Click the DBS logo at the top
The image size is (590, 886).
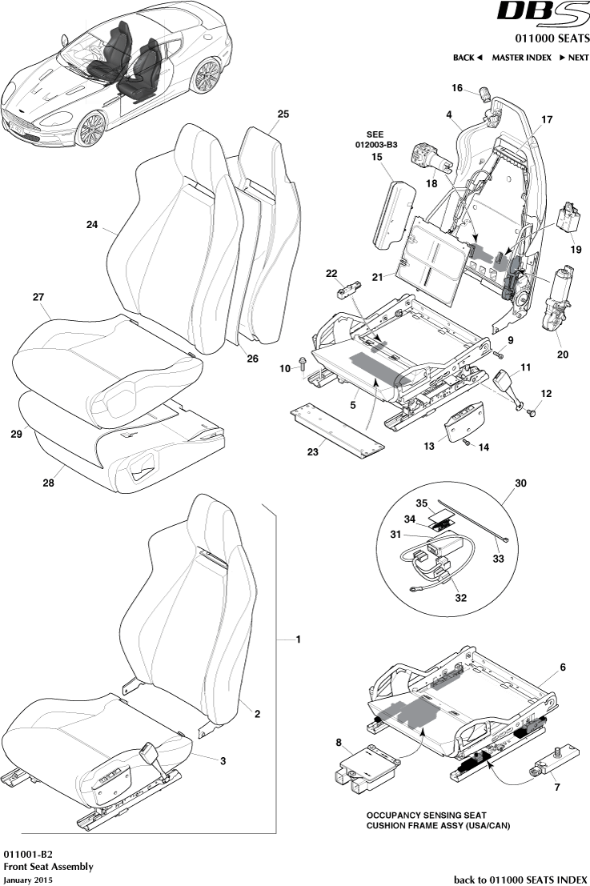point(542,14)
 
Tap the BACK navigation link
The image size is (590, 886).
point(468,58)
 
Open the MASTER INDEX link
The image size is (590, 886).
point(521,58)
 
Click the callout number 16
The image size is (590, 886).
point(456,88)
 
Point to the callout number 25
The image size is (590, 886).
point(283,114)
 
